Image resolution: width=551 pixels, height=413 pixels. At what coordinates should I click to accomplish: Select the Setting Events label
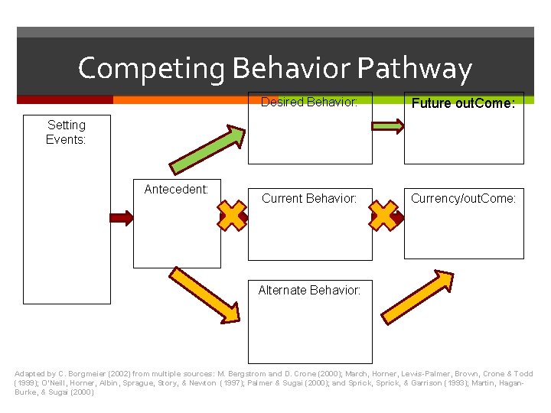[66, 132]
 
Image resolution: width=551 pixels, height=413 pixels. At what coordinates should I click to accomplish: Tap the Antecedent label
[176, 189]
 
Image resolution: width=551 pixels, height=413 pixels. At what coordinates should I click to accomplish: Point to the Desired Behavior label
[309, 102]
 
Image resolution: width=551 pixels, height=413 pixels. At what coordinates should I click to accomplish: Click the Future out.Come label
[463, 103]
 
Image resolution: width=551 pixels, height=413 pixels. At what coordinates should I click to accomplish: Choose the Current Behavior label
[309, 199]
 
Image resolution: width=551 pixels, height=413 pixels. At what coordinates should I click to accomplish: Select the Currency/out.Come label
[463, 199]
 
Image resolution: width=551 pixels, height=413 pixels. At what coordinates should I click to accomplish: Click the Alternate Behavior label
[309, 290]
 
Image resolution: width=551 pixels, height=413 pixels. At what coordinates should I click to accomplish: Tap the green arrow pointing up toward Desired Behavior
[207, 149]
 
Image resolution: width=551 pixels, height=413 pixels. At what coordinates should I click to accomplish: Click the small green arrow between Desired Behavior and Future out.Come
[388, 127]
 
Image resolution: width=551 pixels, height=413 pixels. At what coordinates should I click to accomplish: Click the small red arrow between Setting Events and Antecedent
[122, 218]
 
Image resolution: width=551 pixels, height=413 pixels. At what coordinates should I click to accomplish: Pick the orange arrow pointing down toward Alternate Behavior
[204, 294]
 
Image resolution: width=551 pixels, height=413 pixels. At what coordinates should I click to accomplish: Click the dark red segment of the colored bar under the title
[64, 99]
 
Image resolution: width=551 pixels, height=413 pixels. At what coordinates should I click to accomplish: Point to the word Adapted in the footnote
[30, 374]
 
